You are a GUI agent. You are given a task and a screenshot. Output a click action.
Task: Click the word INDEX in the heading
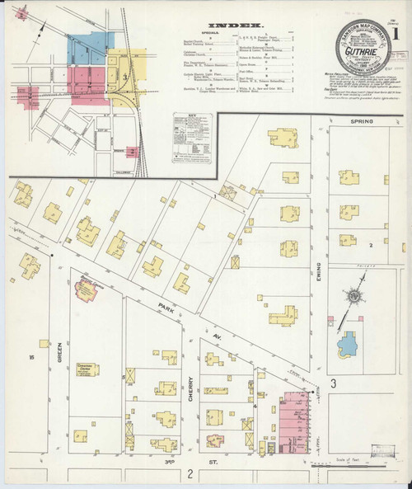(240, 26)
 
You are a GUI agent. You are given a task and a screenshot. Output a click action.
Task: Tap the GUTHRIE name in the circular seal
(357, 49)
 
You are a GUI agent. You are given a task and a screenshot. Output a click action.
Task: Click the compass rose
(352, 295)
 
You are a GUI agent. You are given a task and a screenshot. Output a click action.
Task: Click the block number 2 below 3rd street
(189, 473)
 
